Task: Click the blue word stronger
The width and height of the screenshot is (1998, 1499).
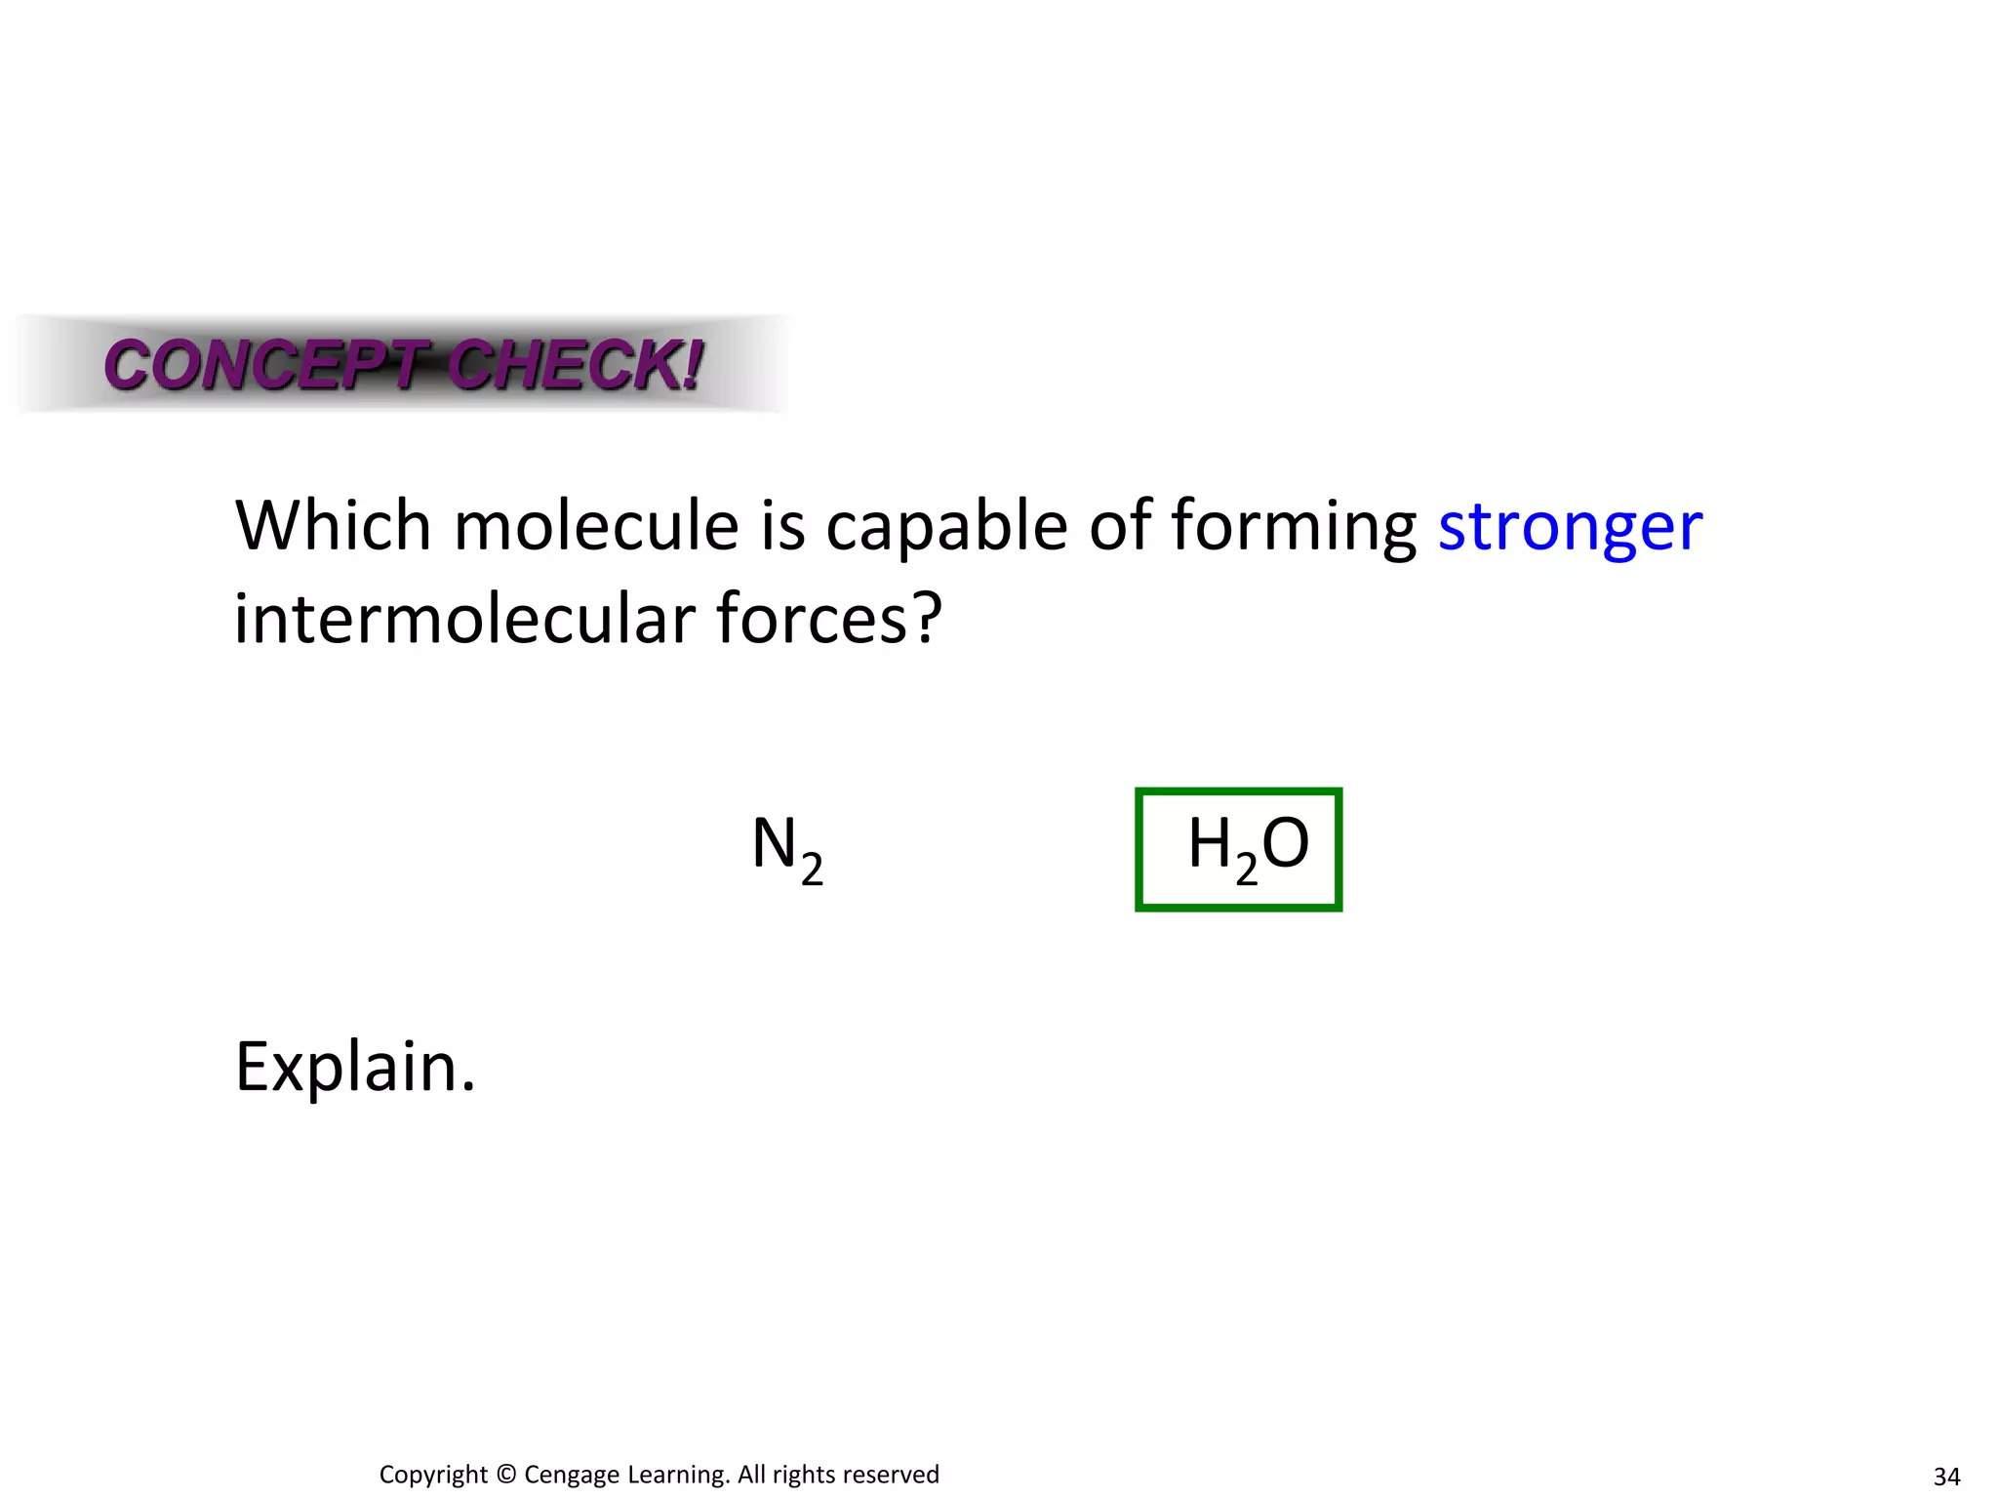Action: (x=1570, y=528)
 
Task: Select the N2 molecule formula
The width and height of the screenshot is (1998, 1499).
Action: (x=786, y=847)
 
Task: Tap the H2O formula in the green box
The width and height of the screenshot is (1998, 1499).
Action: (x=1247, y=847)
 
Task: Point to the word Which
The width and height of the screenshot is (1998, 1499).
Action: (x=333, y=526)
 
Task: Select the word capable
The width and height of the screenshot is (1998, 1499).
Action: (x=946, y=528)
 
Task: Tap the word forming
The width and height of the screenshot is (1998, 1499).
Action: (x=1293, y=528)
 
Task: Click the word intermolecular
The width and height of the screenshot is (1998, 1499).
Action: (x=465, y=620)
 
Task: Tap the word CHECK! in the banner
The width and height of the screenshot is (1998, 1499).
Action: (x=576, y=365)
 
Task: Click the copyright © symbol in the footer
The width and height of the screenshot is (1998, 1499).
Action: (x=505, y=1475)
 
